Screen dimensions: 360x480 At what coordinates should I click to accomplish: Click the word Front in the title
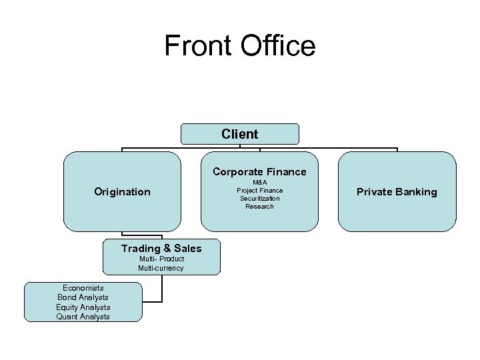pos(198,46)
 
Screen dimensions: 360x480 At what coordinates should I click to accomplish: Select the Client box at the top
pos(240,134)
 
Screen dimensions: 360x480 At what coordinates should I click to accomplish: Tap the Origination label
pos(122,192)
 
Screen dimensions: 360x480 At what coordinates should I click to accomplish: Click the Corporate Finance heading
pos(259,172)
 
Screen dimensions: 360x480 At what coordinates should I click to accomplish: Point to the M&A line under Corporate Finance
pos(259,182)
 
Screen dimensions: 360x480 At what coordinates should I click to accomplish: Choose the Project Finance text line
pos(259,190)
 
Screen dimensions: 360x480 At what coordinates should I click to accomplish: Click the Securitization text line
pos(259,198)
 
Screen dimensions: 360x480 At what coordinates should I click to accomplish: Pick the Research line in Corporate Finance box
pos(259,206)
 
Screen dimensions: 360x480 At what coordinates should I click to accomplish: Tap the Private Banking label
pos(397,192)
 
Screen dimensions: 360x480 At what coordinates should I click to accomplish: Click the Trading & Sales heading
pos(161,249)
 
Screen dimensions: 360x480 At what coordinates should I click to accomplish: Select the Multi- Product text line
pos(161,259)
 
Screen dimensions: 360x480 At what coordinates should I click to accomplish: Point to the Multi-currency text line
pos(161,268)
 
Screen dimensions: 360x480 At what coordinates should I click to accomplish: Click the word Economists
pos(83,288)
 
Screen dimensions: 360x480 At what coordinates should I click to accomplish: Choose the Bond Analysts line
pos(83,297)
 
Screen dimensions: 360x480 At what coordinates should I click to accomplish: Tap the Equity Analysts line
pos(83,307)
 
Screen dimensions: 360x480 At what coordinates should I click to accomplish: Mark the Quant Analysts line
pos(83,317)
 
